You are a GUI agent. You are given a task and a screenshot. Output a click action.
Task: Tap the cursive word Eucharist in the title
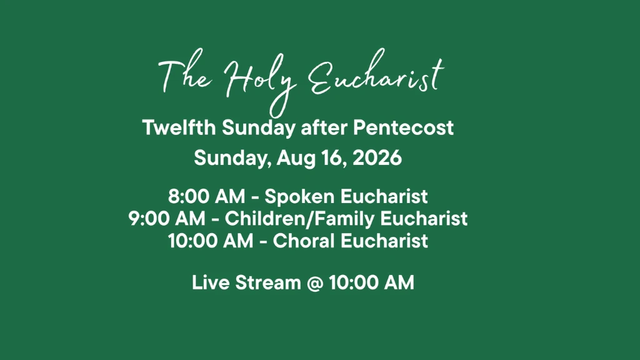[376, 74]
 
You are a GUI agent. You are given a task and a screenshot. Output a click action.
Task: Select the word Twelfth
[179, 127]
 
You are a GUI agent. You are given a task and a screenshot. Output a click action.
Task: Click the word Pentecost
[403, 127]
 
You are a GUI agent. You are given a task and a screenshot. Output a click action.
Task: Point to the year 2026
[377, 157]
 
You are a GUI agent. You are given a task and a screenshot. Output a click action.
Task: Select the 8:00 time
[189, 196]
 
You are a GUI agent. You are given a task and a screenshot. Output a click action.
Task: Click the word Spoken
[299, 197]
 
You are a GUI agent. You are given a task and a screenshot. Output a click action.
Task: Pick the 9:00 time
[149, 218]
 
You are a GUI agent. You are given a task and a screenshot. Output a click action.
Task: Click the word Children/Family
[299, 219]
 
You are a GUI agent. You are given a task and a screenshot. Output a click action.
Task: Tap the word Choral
[304, 241]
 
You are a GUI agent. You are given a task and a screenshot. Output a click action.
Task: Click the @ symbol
[315, 283]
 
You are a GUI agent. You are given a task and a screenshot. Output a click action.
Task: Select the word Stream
[268, 282]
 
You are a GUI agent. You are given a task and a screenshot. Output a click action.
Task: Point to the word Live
[211, 282]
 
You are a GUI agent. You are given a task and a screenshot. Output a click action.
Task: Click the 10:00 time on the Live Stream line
[354, 282]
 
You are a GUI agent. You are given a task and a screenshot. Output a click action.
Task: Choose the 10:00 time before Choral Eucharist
[193, 241]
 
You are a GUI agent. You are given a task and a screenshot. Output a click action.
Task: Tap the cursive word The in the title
[186, 76]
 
